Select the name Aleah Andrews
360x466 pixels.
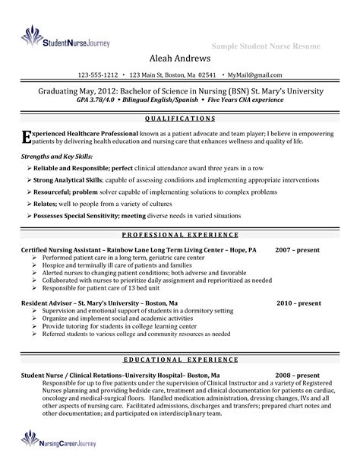[x=179, y=60]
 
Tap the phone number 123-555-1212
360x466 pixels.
[x=98, y=75]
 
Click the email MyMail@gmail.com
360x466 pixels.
[x=255, y=75]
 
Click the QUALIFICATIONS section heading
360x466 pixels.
[x=179, y=119]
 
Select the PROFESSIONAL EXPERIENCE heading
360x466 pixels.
[x=179, y=236]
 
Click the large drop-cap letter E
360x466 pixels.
[x=26, y=135]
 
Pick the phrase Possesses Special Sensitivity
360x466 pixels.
[x=82, y=216]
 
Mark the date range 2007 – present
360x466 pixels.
[x=298, y=249]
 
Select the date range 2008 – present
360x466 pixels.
[x=298, y=376]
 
